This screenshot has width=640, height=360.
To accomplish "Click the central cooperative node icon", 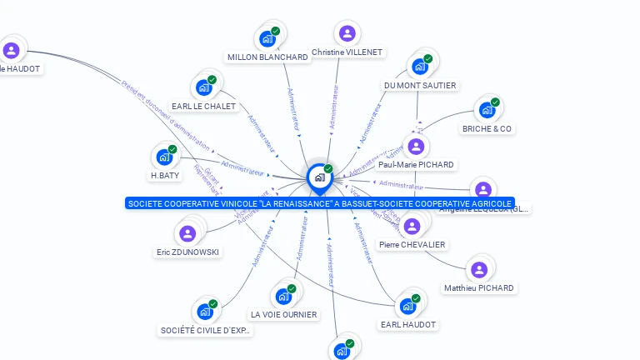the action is (x=319, y=177).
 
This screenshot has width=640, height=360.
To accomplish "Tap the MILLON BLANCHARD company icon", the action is (x=267, y=37).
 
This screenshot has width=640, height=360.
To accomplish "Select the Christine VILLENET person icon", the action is (x=347, y=33).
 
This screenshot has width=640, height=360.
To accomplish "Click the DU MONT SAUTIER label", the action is (x=420, y=85).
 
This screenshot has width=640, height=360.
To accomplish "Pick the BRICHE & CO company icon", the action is (x=487, y=110).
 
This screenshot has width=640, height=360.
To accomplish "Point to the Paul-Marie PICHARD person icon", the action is (x=416, y=147).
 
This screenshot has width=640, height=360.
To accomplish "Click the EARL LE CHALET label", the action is (x=204, y=106).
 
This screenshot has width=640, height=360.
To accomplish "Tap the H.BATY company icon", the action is (x=164, y=157).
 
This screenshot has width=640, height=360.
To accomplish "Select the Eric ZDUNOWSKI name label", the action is (x=188, y=252).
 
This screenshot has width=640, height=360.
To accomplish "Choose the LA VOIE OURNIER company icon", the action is (x=283, y=296).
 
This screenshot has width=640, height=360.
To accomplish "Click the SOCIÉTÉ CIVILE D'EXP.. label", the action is (x=205, y=330).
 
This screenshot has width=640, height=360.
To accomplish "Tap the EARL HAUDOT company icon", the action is (x=407, y=306).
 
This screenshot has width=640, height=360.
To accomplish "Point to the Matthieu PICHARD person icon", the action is (x=478, y=269).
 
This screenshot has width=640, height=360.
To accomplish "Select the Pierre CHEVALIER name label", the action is (x=412, y=244).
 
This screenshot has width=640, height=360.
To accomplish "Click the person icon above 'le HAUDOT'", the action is (x=11, y=51).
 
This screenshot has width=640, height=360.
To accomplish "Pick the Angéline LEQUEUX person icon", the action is (x=482, y=190).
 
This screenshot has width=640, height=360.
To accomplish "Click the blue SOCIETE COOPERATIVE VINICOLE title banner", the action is (x=319, y=203).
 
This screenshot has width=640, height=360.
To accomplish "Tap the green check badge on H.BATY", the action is (x=172, y=149).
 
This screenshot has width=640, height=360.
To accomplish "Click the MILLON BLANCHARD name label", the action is (x=267, y=57).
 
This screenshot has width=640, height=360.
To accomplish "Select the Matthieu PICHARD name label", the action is (x=479, y=287).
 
